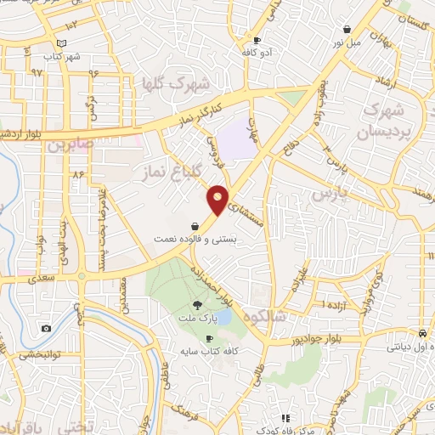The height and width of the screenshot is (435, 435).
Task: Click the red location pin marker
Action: [x=218, y=199]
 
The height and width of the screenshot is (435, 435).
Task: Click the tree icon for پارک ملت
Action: [x=197, y=305]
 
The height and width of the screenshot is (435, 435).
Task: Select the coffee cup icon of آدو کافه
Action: [x=257, y=40]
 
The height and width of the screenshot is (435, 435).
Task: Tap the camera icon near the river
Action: [x=46, y=328]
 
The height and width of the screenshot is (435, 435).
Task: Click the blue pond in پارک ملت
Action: [x=223, y=318]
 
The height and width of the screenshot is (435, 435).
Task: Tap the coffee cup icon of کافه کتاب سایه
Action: [x=209, y=338]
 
